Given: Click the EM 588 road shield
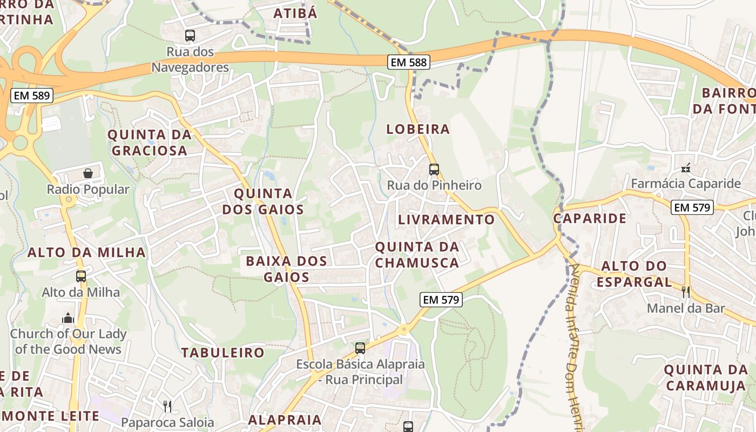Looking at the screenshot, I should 409,62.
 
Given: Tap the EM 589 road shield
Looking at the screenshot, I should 32,96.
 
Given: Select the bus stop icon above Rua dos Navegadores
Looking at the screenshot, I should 190,36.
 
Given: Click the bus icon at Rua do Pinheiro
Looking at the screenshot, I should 434,170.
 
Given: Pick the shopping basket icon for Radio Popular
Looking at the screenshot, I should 88,173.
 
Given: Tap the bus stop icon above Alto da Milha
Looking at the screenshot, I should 81,276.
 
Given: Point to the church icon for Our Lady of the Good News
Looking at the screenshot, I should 68,318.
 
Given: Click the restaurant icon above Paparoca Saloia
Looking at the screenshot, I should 167,406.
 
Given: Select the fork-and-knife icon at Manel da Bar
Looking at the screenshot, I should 686,292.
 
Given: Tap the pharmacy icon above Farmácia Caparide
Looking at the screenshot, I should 686,168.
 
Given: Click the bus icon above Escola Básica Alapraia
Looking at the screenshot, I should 360,348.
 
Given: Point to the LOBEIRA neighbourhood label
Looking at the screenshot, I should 418,129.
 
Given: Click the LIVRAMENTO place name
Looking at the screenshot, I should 446,220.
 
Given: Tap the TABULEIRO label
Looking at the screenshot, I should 222,353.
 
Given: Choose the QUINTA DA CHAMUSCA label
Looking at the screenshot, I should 417,255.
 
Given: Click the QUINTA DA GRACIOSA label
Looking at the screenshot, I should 150,143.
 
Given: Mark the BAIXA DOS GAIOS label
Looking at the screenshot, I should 286,269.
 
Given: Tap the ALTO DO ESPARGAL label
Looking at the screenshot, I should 634,274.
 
